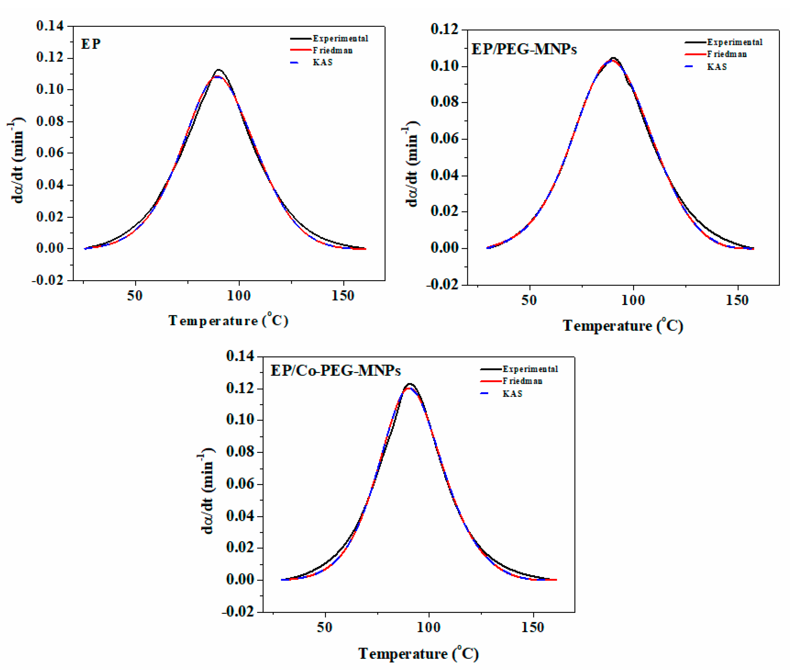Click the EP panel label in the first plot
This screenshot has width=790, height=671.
tap(91, 44)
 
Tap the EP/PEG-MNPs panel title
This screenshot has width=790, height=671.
tap(524, 50)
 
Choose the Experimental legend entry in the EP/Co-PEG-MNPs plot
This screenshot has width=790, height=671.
tap(530, 369)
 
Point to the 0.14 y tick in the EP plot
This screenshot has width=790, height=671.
tap(50, 26)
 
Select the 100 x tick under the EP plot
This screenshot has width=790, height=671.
tap(239, 295)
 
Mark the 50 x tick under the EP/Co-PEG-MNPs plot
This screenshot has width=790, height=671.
tap(325, 627)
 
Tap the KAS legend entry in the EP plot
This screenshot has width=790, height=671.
tap(322, 62)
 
